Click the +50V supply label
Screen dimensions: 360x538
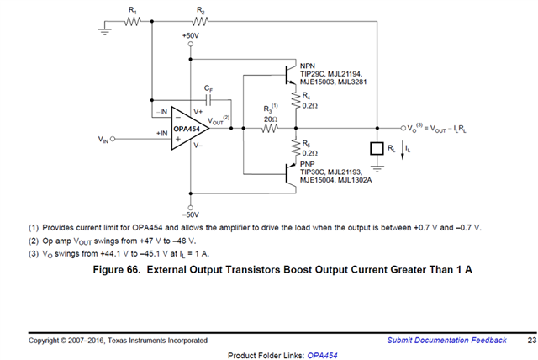click(x=191, y=36)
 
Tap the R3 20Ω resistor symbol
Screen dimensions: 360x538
click(x=269, y=129)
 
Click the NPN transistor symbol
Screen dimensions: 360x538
click(x=288, y=76)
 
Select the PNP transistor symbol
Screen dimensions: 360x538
click(x=288, y=179)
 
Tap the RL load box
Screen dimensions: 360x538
click(x=377, y=149)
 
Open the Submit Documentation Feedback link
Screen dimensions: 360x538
click(x=447, y=340)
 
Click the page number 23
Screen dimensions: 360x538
click(x=531, y=340)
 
